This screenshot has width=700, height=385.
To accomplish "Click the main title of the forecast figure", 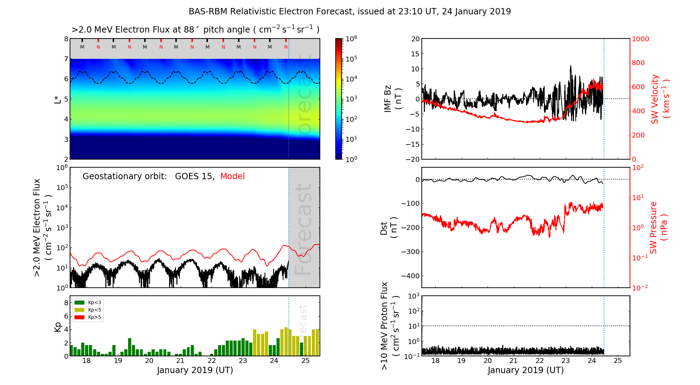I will coord(350,12).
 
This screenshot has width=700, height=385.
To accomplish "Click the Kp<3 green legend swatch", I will coord(79,302).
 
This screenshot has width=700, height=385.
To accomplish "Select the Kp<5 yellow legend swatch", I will coord(79,310).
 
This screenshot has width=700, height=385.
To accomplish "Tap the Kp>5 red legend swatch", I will coord(79,317).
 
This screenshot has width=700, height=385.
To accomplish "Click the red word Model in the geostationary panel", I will coord(232,176).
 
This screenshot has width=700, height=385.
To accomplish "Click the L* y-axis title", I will coord(58,99).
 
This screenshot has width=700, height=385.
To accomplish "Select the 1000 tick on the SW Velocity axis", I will coord(640,39).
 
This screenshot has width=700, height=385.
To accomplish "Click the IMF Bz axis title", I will coord(392,99).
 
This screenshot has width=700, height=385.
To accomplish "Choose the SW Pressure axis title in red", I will coord(658,227).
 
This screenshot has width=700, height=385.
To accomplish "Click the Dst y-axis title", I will coord(388,228).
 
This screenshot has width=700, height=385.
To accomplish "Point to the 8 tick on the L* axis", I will coord(66,39).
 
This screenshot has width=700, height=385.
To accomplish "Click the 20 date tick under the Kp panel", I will coord(149,361).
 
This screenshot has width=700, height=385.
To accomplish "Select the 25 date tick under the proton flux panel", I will coord(618,361).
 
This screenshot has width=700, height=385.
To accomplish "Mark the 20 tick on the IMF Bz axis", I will coord(415,39).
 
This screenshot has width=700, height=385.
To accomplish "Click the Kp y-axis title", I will coord(58,327).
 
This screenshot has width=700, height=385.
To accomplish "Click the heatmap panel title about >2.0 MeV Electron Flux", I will coord(195,30).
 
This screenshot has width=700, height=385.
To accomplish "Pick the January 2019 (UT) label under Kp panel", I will coord(195,370).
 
